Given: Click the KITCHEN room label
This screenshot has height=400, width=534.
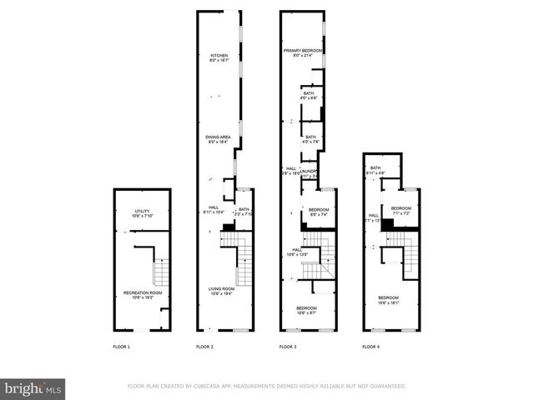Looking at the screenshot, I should coord(218,56).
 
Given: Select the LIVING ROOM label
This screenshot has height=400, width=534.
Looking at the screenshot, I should coord(221,289).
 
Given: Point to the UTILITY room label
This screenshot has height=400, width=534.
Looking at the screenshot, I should coord(143,212).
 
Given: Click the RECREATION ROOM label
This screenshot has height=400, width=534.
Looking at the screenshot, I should coord(143,292).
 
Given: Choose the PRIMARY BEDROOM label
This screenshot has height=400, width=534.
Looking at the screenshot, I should coord(302,51).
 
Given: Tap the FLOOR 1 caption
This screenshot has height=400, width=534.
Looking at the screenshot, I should coord(122,346).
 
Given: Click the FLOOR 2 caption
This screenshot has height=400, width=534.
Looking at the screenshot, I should coord(204,346).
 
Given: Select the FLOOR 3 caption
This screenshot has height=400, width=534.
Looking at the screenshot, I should coord(288,346).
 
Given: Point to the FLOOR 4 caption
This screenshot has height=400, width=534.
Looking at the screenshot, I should coord(370,346).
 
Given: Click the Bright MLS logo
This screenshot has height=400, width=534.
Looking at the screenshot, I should coord(34,388).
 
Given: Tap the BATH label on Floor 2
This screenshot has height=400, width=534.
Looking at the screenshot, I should coord(244,209).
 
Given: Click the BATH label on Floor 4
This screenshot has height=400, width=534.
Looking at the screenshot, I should coord(375,168).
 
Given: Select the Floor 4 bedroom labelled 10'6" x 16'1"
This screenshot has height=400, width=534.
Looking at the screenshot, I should coord(388,297).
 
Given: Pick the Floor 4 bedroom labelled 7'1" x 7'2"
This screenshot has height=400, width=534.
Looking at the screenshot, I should coord(401,208).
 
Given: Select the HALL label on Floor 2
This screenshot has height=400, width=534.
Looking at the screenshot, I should coord(214,208).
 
